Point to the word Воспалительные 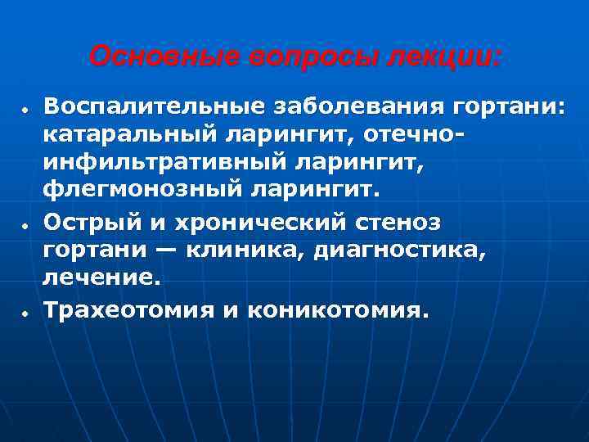[152, 106]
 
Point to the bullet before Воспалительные [27, 110]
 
